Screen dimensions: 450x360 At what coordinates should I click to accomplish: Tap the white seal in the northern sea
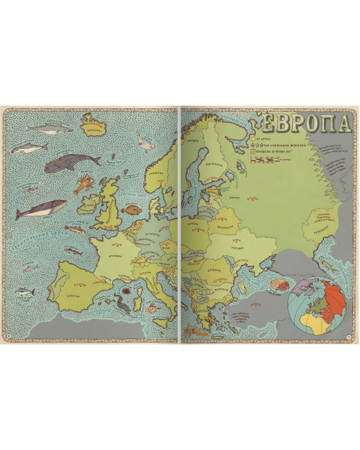tap(145, 142)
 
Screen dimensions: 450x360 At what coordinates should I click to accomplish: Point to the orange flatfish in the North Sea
tap(131, 211)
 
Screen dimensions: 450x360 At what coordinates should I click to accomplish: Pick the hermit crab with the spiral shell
tap(277, 283)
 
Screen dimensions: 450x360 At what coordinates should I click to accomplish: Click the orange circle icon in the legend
tap(253, 138)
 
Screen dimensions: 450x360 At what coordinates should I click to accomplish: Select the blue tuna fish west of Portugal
tap(26, 292)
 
